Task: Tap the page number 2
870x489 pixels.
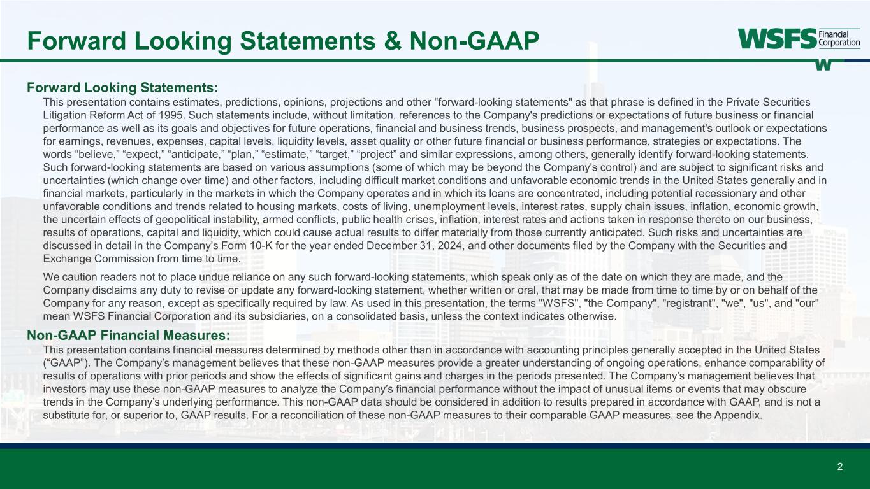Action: (839, 467)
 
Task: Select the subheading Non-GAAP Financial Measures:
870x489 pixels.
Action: (128, 335)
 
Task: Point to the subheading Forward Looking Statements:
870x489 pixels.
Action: (122, 87)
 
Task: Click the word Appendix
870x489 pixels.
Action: (740, 415)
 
